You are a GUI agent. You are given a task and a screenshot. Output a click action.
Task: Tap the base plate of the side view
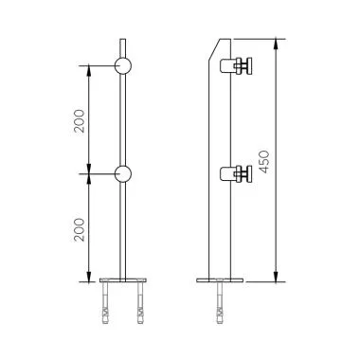point(220,279)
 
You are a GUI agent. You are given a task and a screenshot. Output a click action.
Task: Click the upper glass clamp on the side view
point(238,66)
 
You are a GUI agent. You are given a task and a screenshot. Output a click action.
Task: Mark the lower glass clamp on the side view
point(238,174)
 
